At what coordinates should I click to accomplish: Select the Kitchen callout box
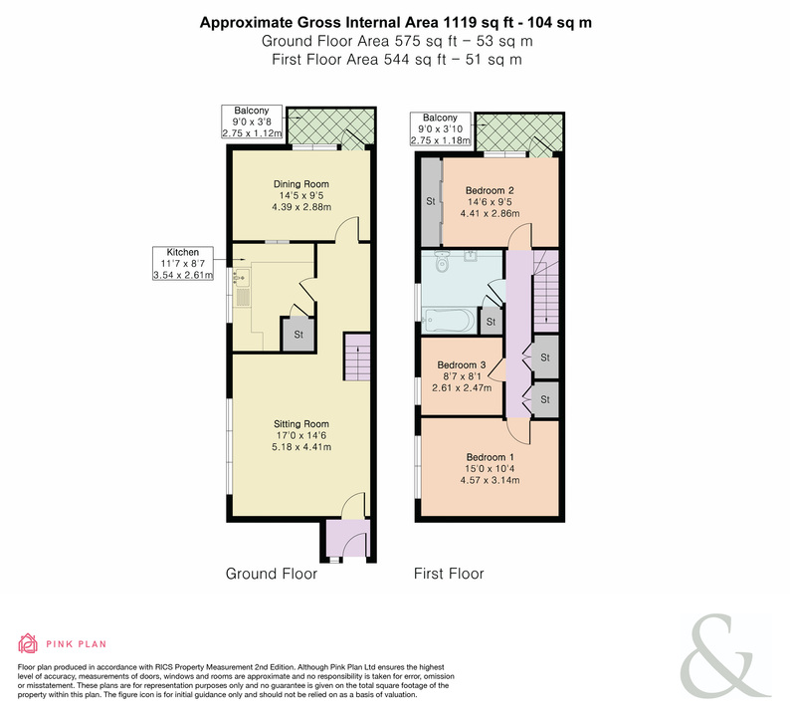click(x=183, y=263)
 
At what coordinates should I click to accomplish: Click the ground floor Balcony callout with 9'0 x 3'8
click(x=252, y=122)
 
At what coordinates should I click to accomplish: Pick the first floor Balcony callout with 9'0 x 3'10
click(x=441, y=129)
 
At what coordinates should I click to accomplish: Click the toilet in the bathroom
click(x=442, y=261)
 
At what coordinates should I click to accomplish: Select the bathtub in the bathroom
click(x=449, y=321)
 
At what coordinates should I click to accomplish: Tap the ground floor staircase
click(x=357, y=357)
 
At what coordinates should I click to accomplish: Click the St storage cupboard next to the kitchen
click(x=298, y=334)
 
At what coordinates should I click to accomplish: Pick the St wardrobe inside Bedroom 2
click(x=431, y=202)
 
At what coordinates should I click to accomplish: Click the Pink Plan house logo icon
click(x=28, y=643)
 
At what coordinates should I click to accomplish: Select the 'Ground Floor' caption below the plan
click(x=271, y=574)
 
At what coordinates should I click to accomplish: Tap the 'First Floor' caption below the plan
click(x=449, y=574)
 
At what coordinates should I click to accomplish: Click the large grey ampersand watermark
click(x=725, y=655)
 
